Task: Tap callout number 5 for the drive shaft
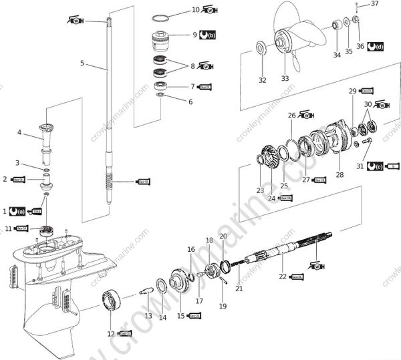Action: point(82,63)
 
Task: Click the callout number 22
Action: point(282,276)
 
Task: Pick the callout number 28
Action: point(340,175)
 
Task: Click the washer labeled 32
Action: point(260,47)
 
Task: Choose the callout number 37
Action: point(375,4)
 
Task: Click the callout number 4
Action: point(20,133)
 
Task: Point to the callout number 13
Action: point(148,315)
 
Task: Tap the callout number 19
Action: point(223,306)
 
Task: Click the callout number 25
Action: point(283,186)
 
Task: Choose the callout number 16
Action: point(191,249)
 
